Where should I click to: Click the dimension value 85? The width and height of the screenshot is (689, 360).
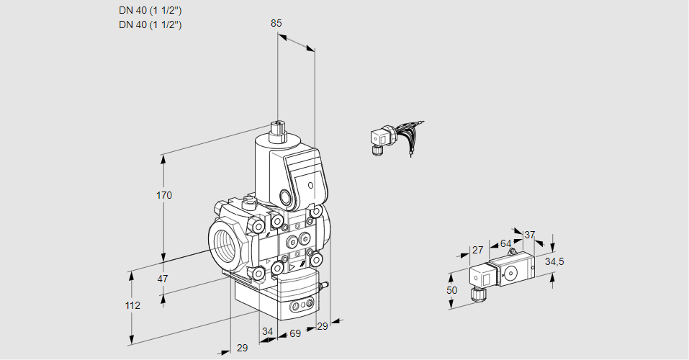276,23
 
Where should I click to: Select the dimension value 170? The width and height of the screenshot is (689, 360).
164,195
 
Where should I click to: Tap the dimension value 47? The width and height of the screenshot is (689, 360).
163,279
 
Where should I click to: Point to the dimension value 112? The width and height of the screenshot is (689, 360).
132,305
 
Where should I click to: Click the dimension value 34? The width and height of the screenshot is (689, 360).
267,331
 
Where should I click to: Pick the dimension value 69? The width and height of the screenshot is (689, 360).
295,333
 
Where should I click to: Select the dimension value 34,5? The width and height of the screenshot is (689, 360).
554,261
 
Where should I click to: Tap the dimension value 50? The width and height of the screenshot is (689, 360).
451,290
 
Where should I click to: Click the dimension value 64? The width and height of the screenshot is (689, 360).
505,243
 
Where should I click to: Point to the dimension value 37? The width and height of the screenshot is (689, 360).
529,235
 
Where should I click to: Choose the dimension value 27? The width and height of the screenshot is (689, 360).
477,250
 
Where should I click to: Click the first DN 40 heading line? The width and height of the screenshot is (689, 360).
150,11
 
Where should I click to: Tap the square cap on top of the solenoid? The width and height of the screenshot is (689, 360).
278,130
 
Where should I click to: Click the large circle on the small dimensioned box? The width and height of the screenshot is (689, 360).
511,273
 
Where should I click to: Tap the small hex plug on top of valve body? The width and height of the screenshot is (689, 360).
248,202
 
